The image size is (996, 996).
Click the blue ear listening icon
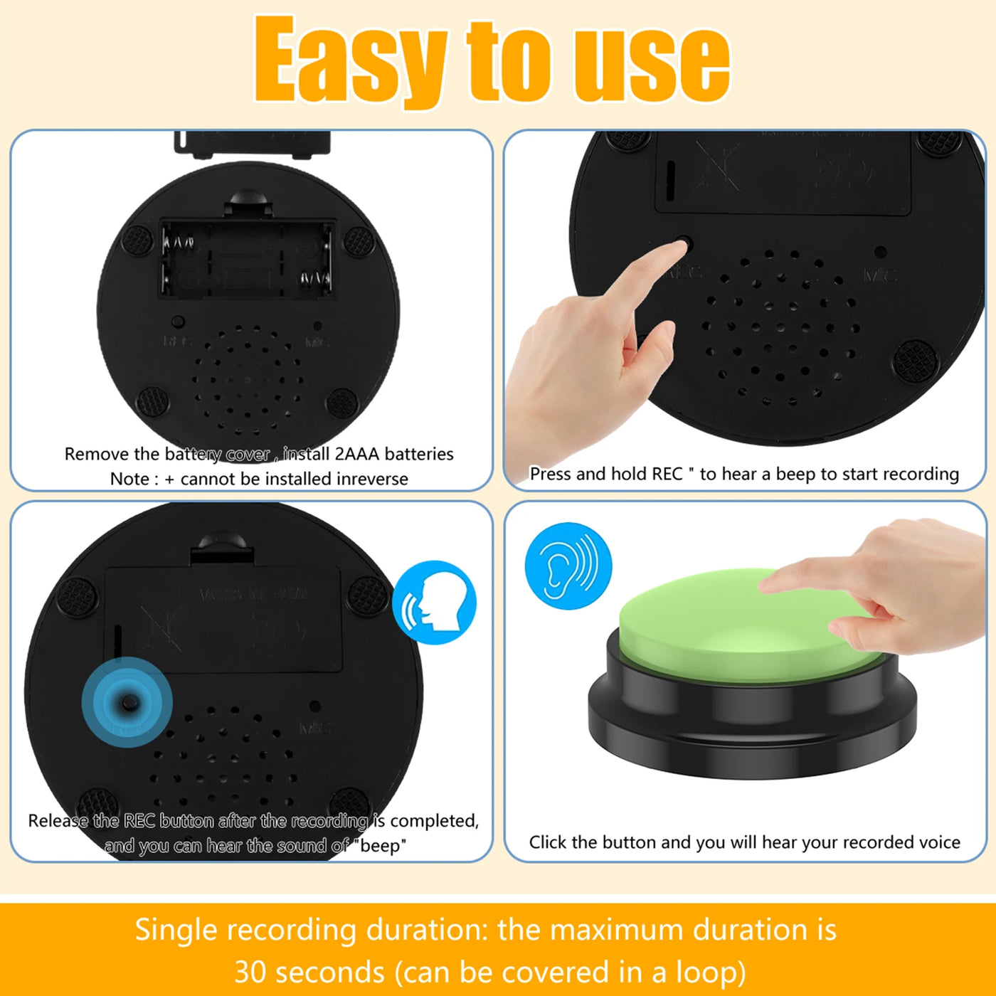[x=568, y=566]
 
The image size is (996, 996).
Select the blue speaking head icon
[x=435, y=603]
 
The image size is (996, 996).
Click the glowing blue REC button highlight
[x=127, y=702]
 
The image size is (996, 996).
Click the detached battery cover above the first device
[x=252, y=142]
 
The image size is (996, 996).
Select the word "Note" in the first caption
[x=129, y=479]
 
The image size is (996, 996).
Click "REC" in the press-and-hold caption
[x=667, y=474]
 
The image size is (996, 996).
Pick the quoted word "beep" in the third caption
[x=383, y=846]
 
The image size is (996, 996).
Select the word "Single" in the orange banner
[x=176, y=930]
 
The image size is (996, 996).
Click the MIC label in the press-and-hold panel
[x=879, y=275]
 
